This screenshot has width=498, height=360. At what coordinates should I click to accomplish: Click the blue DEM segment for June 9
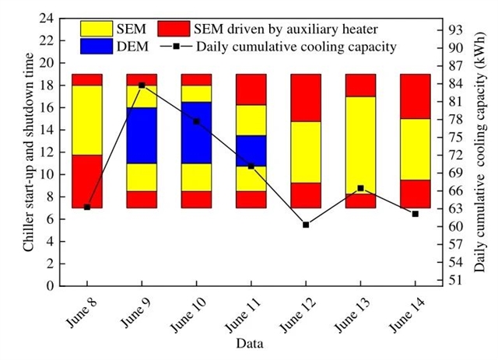[x=142, y=135]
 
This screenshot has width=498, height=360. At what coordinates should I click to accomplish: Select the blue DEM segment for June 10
[x=196, y=132]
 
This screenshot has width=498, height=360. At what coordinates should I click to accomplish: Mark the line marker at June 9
[x=142, y=85]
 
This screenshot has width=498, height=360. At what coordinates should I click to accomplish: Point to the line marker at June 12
[x=305, y=224]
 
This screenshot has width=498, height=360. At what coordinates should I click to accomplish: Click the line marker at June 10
[x=196, y=121]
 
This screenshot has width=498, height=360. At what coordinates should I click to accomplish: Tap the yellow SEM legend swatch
[x=100, y=30]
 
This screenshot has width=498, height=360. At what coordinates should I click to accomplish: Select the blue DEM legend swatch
[x=100, y=47]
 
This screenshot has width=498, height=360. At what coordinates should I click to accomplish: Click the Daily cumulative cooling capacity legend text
[x=296, y=47]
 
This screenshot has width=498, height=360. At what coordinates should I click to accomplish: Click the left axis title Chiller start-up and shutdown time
[x=28, y=152]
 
